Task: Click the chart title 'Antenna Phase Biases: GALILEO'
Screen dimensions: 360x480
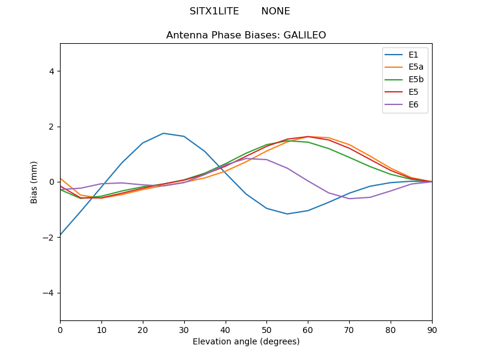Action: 246,35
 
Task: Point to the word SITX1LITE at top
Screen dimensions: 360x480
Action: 214,11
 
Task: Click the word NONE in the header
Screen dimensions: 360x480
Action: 275,11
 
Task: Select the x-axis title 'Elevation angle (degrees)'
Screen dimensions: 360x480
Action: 246,342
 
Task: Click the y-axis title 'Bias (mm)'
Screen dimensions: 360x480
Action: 34,182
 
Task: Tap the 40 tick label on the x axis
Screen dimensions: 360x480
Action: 226,330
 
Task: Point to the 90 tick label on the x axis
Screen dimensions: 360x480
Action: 432,330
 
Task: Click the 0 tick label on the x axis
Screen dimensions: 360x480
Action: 60,330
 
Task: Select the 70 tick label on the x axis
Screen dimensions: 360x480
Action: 349,330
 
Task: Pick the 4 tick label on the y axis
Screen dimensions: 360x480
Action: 52,71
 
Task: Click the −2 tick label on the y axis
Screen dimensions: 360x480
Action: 49,238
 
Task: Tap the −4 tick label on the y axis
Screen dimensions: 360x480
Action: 49,293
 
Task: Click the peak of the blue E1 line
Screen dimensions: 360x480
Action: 163,133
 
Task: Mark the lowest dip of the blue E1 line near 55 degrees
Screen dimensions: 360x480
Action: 287,214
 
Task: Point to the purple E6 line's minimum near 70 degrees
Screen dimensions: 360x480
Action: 349,199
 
